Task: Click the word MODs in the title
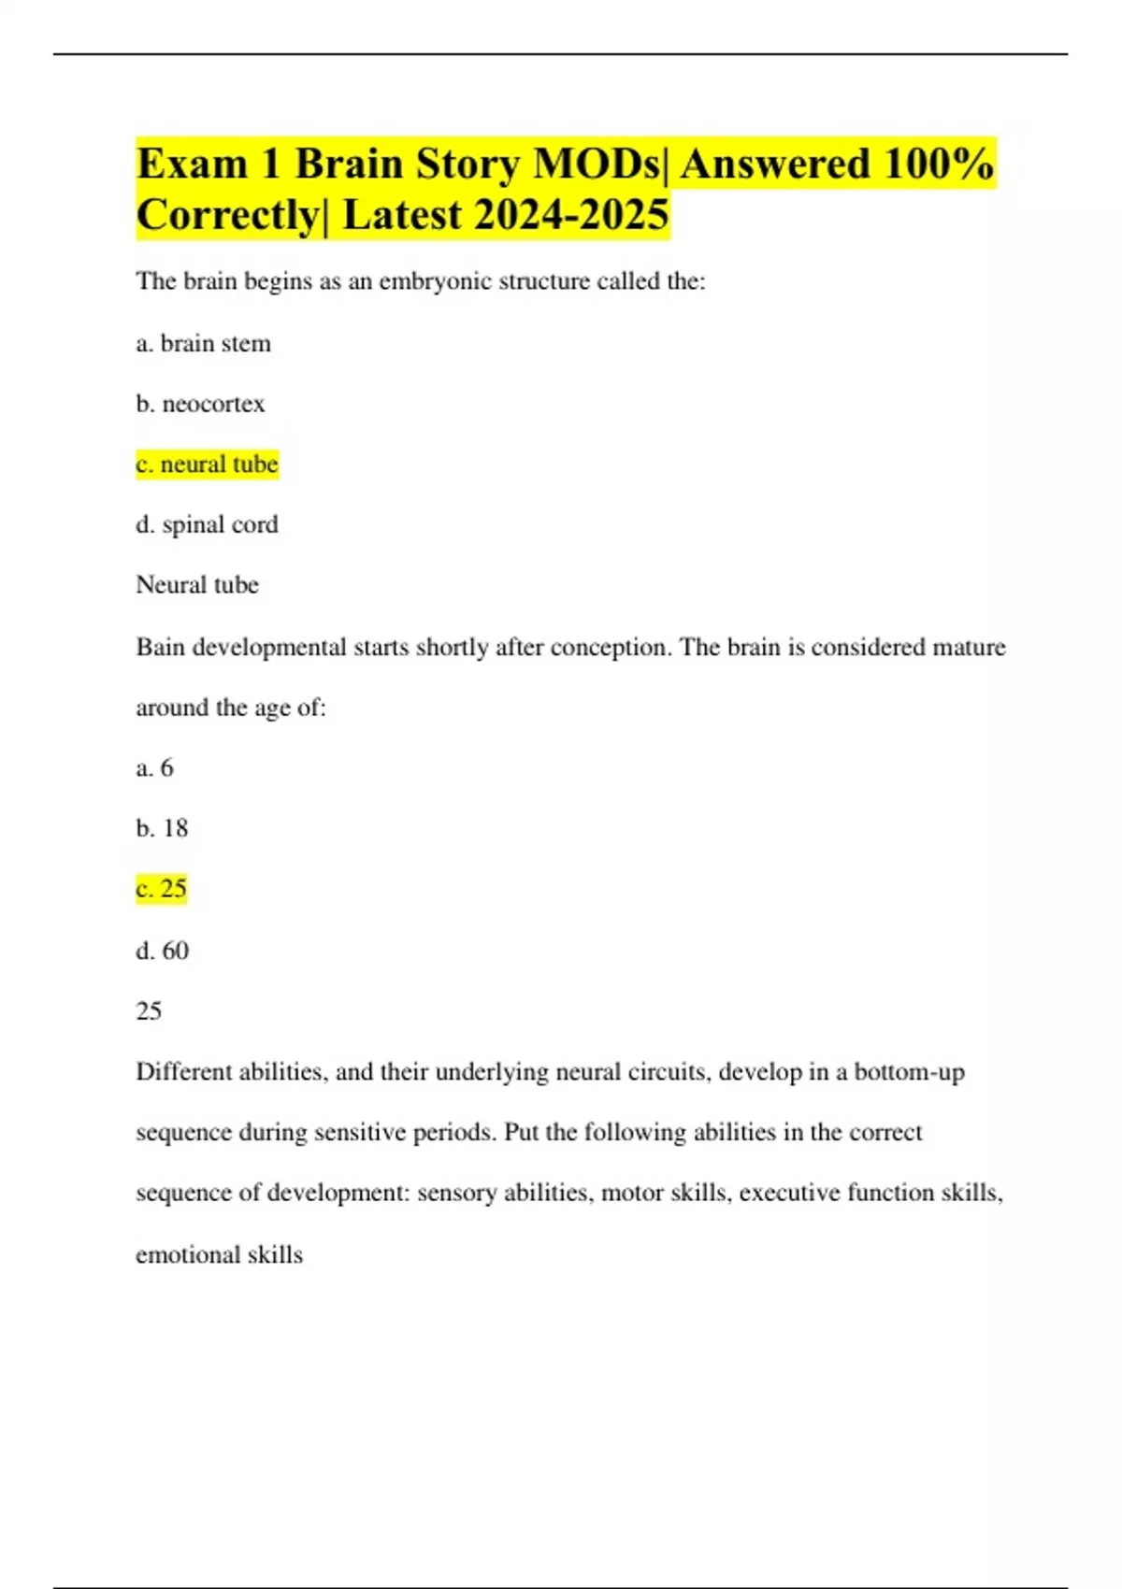point(596,165)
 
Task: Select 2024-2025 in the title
point(571,215)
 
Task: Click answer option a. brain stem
point(203,344)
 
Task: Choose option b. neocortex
point(200,404)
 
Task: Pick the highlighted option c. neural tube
point(207,465)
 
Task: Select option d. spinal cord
point(207,524)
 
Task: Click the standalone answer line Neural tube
point(197,585)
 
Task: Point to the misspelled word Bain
point(160,647)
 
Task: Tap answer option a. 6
point(154,768)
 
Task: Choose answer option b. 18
point(162,828)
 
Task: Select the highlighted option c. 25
point(162,889)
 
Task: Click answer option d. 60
point(162,951)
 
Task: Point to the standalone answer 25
point(149,1011)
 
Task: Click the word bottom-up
point(909,1072)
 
